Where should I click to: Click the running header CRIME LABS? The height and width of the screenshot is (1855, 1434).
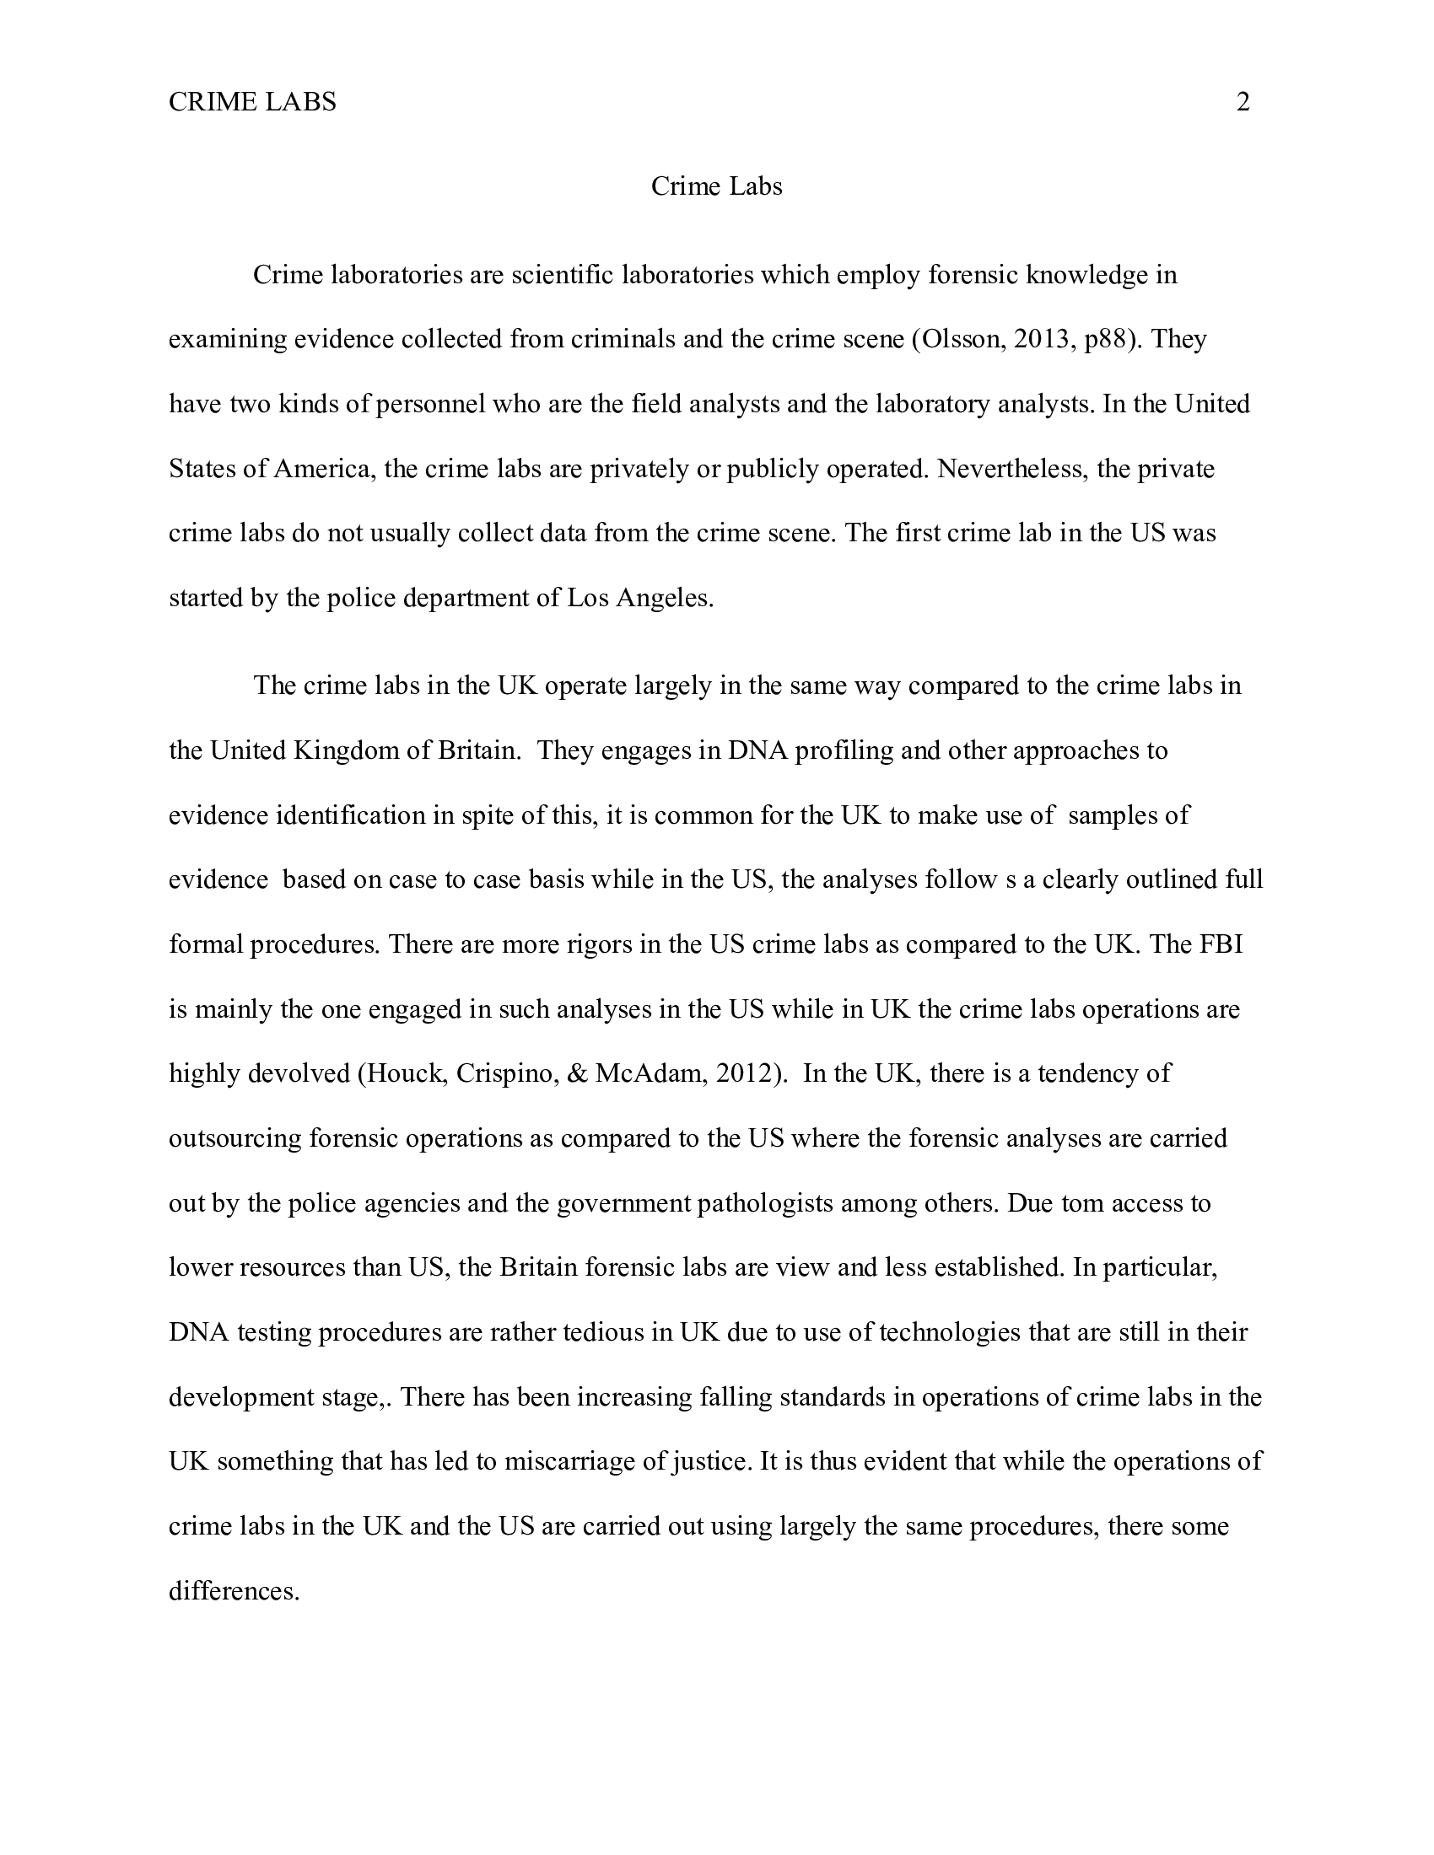click(x=252, y=102)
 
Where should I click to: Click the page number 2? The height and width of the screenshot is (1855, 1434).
click(x=1242, y=102)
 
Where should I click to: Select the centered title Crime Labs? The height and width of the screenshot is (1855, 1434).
click(x=716, y=186)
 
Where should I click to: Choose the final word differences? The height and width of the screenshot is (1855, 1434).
click(x=234, y=1591)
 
